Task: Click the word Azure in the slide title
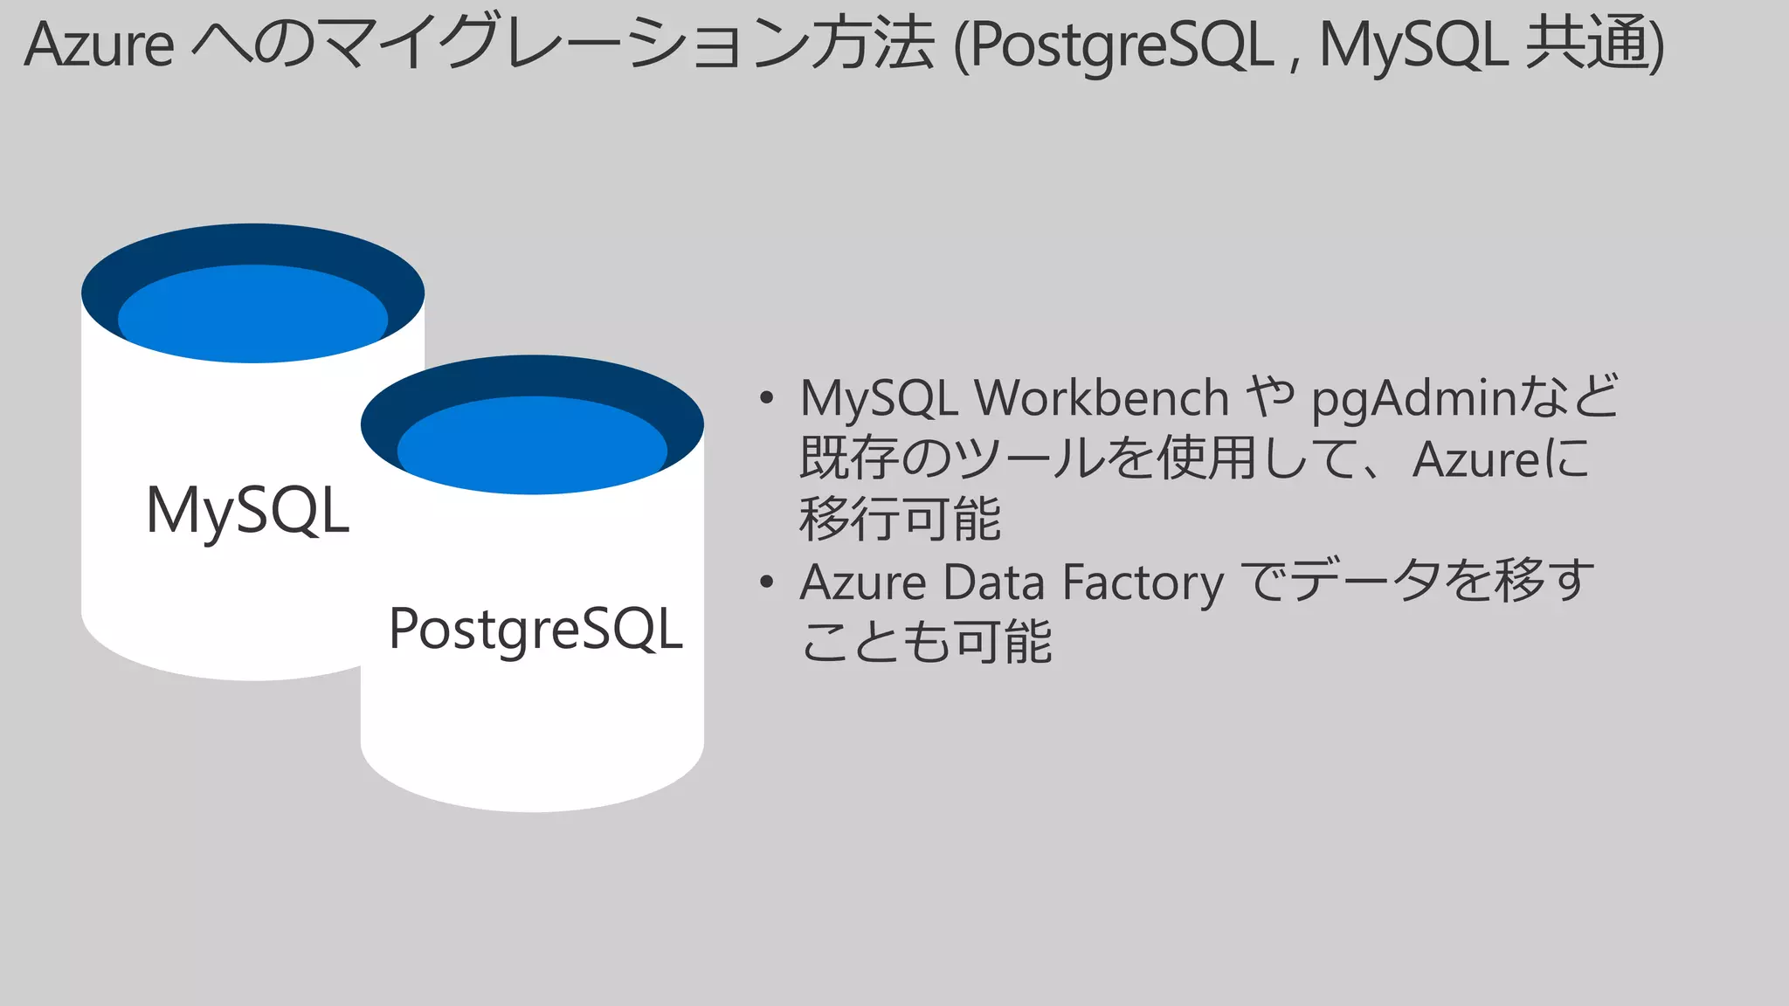point(99,45)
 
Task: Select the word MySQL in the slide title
point(1413,45)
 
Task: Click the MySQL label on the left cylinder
point(248,510)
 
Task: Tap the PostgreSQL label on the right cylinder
point(535,629)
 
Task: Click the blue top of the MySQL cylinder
point(252,313)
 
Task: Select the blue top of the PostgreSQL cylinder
point(532,444)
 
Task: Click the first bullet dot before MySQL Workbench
point(767,398)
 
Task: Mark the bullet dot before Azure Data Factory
point(767,582)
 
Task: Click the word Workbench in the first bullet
point(1102,398)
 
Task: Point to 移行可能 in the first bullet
point(900,519)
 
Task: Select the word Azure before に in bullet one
point(1475,459)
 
